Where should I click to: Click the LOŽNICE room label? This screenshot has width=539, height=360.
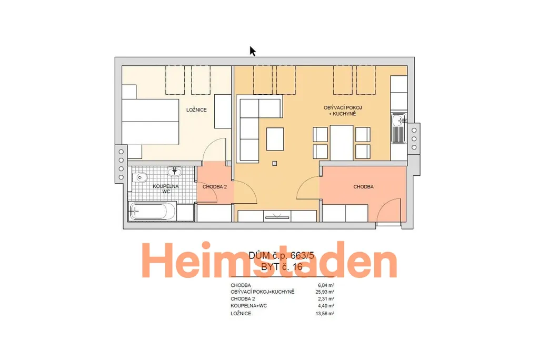(196, 110)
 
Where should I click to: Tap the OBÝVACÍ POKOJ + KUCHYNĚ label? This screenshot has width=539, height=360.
(343, 111)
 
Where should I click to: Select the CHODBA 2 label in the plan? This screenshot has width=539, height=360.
(215, 187)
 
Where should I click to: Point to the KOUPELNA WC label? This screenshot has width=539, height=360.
(166, 189)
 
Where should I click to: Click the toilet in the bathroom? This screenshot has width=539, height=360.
(141, 177)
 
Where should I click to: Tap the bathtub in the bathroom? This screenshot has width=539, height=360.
(152, 212)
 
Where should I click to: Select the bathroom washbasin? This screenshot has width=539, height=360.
(175, 171)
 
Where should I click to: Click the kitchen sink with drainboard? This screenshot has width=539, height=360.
(399, 128)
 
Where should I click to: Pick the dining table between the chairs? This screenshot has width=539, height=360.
(341, 143)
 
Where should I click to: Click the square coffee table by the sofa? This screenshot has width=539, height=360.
(275, 139)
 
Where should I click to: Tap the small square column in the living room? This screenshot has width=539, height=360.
(274, 164)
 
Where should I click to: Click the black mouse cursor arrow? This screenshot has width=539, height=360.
(253, 51)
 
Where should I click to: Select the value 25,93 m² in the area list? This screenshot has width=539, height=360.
(325, 292)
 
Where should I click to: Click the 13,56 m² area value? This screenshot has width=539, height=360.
(325, 314)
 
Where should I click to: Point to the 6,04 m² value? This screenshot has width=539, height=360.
(326, 285)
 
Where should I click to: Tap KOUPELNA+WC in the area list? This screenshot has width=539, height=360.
(249, 306)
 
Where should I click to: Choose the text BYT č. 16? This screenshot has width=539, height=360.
(282, 267)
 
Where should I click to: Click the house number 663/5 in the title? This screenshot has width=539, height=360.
(303, 255)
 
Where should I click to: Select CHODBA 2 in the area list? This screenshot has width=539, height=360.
(243, 299)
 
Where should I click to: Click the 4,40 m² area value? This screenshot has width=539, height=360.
(326, 306)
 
